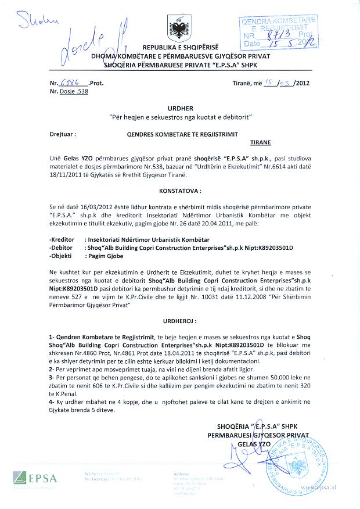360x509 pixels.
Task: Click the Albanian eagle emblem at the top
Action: pyautogui.click(x=180, y=28)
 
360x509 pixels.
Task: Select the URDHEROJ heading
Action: pyautogui.click(x=179, y=320)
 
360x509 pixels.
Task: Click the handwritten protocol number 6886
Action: pyautogui.click(x=70, y=83)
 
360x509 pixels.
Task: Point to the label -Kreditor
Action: pyautogui.click(x=64, y=239)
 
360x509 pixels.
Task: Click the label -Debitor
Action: pyautogui.click(x=63, y=247)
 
